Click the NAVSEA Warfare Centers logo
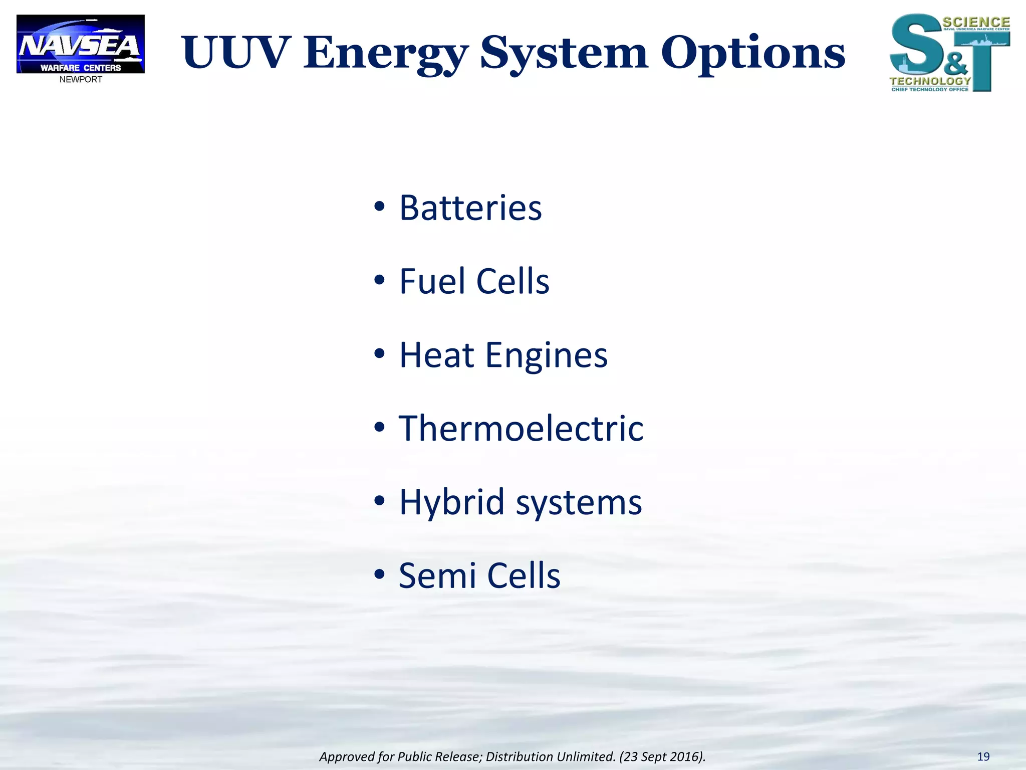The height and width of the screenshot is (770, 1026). tap(80, 44)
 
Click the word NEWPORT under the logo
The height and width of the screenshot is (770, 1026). tap(81, 80)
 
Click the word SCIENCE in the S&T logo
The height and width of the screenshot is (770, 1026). tap(976, 22)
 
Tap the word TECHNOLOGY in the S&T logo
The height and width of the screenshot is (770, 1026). tap(930, 81)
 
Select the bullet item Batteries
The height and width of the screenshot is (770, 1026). tap(470, 208)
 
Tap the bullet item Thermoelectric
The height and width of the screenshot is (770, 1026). tap(521, 429)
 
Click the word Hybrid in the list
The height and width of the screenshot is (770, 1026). tap(451, 502)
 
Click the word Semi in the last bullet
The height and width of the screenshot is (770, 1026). tap(437, 575)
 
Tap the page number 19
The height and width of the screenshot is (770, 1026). tap(983, 756)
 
